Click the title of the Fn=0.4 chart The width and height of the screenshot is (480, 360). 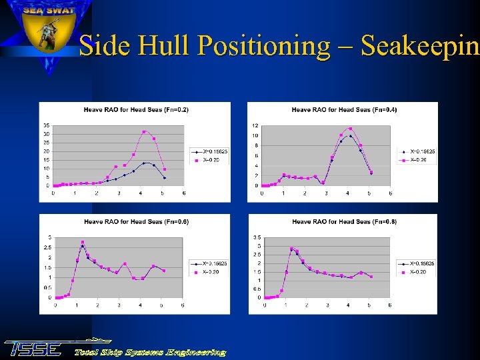coord(344,109)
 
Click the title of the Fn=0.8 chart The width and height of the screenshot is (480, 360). coord(344,221)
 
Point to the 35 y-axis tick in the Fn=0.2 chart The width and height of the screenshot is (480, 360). coord(46,125)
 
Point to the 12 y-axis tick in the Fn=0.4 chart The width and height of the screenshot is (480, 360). coord(255,125)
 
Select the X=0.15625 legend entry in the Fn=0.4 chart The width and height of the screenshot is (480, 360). coord(423,152)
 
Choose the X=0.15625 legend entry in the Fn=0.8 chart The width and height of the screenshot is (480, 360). coord(421,263)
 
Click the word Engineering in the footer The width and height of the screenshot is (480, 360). coord(196,352)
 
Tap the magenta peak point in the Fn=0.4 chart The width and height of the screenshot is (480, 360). coord(351,129)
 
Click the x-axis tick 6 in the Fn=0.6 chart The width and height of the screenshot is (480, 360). coord(183,305)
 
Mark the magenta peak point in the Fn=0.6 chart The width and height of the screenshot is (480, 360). coord(83,242)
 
